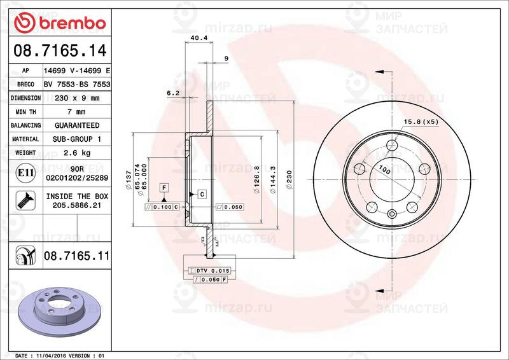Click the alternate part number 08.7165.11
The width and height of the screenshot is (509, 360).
tap(76, 256)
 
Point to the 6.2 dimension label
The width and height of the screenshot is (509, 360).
tap(173, 93)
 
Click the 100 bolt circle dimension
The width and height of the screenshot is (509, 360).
tap(384, 170)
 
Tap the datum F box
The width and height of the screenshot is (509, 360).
tap(164, 188)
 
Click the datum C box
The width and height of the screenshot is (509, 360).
tap(201, 193)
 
